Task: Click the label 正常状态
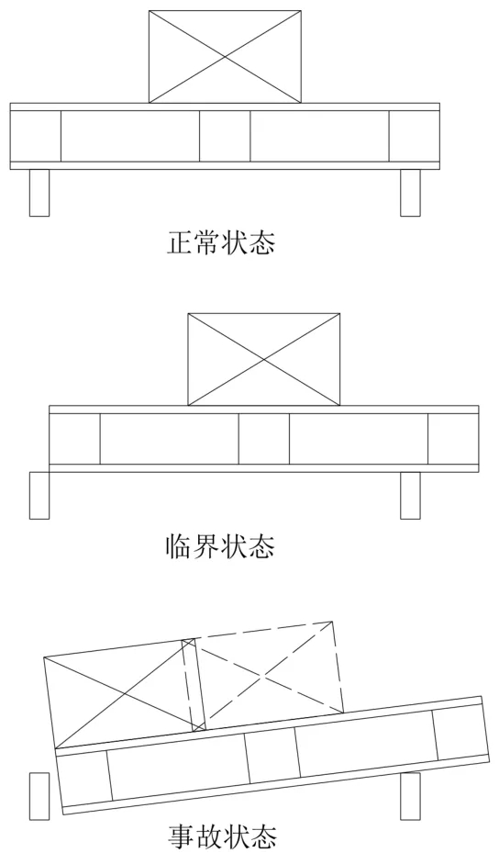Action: [221, 242]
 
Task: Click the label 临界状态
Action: [221, 546]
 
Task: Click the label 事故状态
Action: [222, 837]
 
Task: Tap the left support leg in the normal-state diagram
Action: [39, 193]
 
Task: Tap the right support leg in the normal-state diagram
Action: [410, 193]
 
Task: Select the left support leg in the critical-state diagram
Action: [39, 496]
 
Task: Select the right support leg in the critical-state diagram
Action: [410, 496]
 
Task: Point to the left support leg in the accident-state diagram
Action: [39, 796]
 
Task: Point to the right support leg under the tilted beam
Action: [410, 796]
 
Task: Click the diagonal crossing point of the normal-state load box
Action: [225, 56]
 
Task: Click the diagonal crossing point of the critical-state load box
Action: [264, 359]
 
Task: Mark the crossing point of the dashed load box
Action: [262, 676]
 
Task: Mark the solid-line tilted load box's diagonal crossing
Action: [125, 693]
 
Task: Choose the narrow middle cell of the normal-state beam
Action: [225, 136]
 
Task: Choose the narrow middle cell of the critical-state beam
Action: [264, 439]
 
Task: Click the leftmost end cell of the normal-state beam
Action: [36, 136]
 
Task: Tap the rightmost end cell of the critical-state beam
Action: [453, 439]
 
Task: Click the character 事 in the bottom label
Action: [181, 837]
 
